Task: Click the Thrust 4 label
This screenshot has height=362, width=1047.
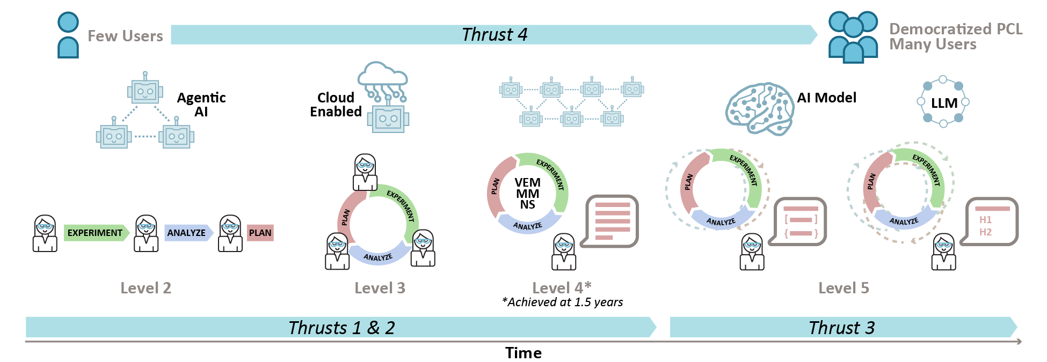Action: coord(495,35)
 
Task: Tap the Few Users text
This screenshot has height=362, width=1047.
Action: coord(125,36)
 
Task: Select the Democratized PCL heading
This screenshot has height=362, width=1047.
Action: coord(956,29)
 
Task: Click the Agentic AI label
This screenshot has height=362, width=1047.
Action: coord(201,105)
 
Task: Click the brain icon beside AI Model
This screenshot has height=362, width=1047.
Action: coord(760,109)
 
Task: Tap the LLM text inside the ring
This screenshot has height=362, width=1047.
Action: coord(944,103)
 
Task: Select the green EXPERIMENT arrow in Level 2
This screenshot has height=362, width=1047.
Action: coord(96,233)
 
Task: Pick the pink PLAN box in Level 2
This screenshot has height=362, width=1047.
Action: coord(260,233)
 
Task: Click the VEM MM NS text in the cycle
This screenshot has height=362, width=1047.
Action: coord(527,194)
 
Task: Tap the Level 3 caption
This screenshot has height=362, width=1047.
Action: coord(380,288)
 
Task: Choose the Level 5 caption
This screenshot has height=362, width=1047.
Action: coord(844,288)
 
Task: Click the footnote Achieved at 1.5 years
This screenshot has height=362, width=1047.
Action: coord(563,302)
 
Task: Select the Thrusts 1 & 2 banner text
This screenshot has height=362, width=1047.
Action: coord(341,328)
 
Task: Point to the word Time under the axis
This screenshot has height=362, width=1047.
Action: coord(523,353)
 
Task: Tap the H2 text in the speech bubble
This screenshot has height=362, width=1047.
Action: coord(985,232)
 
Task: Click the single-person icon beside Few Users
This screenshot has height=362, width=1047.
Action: coord(68,35)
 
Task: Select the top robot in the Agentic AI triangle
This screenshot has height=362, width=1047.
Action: coord(145,90)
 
